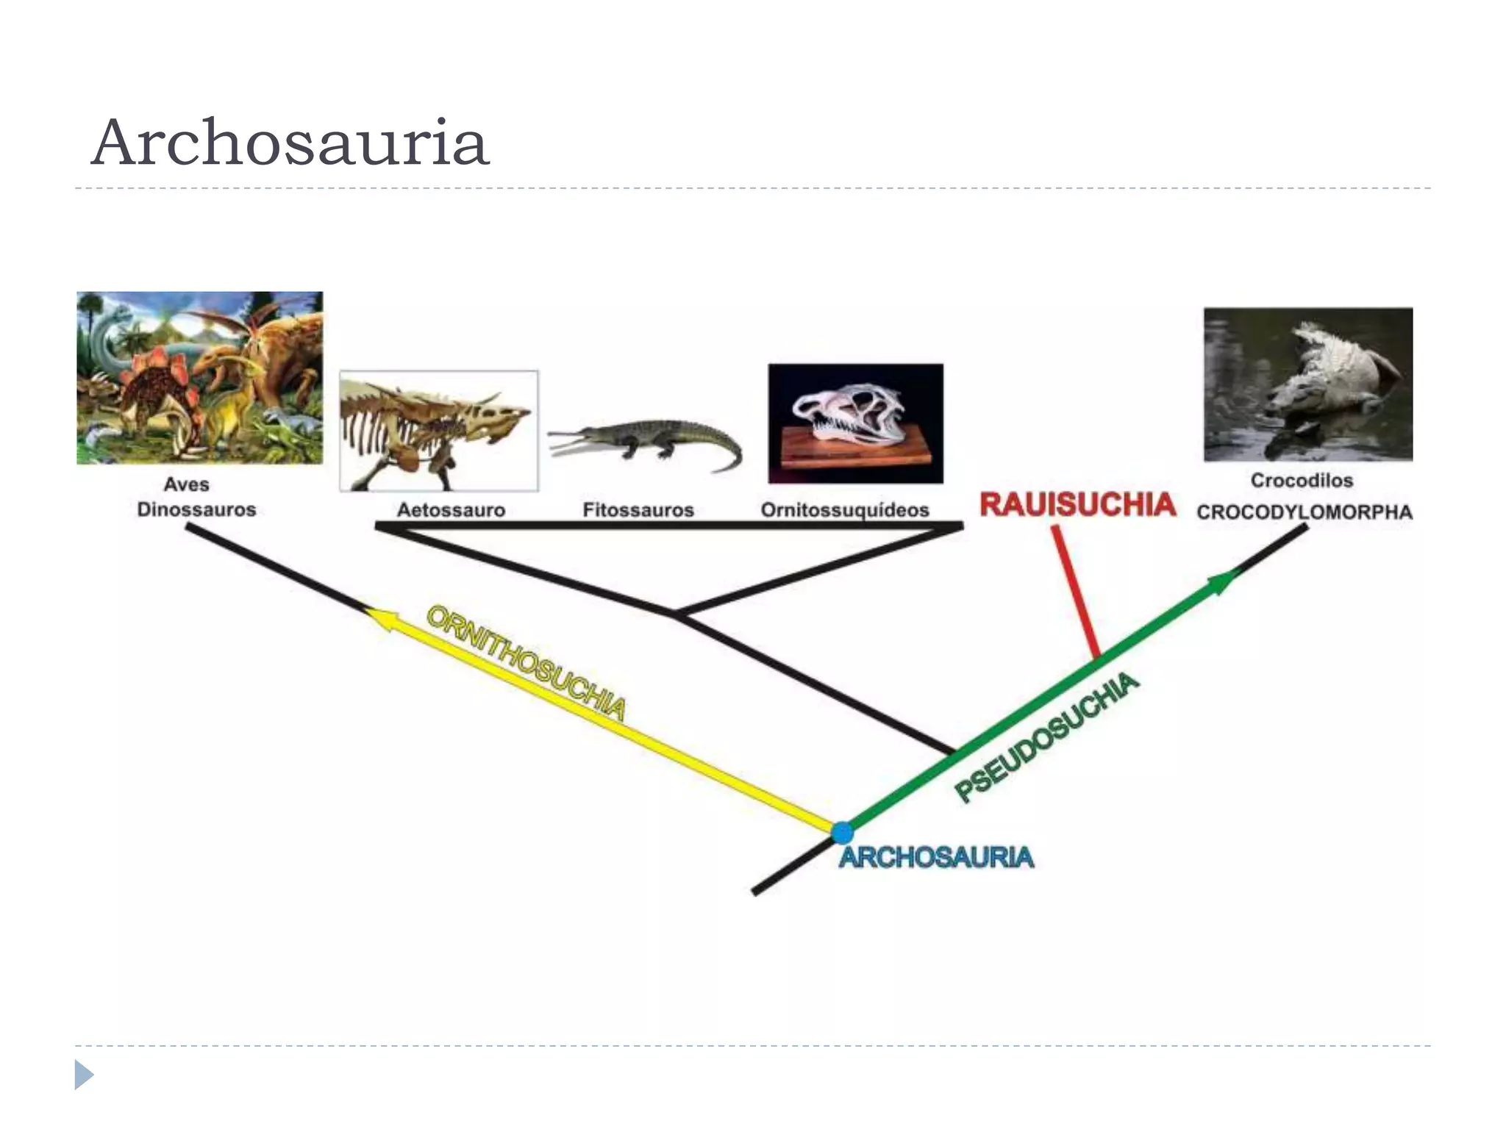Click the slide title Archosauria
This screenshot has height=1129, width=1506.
(x=290, y=143)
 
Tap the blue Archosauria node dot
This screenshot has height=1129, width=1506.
(x=842, y=833)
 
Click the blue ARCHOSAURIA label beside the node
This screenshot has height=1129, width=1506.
(x=937, y=857)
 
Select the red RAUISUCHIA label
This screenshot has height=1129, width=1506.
(x=1077, y=504)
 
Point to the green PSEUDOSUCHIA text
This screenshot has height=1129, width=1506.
(x=1047, y=737)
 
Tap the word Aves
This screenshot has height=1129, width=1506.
(x=186, y=484)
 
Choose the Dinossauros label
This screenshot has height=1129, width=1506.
(x=196, y=509)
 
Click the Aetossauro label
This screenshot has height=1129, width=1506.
(x=451, y=510)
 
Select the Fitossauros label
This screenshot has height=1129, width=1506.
(x=638, y=510)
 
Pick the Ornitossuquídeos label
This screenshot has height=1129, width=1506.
(x=845, y=510)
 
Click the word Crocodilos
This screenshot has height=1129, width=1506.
(x=1302, y=481)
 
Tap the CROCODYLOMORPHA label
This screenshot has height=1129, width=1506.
(x=1305, y=512)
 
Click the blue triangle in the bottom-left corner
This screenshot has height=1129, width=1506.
(x=84, y=1075)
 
